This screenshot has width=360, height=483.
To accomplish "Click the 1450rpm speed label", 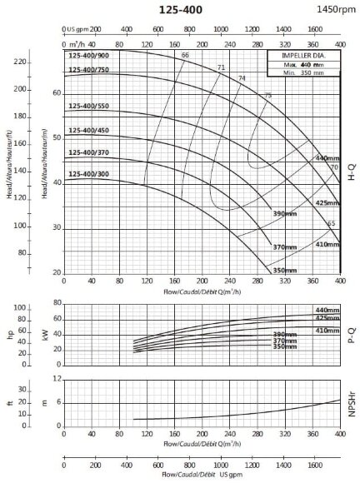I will [334, 8].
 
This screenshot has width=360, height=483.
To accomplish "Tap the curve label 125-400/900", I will [87, 56].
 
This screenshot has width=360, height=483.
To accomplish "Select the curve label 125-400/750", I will [87, 70].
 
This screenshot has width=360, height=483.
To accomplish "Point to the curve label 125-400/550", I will [87, 107].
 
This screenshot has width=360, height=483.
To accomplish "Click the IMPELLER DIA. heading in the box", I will [302, 57].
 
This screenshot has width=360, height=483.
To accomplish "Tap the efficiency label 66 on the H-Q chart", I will [185, 56].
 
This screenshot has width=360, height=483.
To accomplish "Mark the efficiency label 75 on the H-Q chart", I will [267, 96].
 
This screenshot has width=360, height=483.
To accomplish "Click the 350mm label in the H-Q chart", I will [285, 269].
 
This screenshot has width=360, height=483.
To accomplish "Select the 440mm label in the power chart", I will [327, 310].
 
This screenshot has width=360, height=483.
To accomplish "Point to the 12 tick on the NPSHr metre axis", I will [57, 378].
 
